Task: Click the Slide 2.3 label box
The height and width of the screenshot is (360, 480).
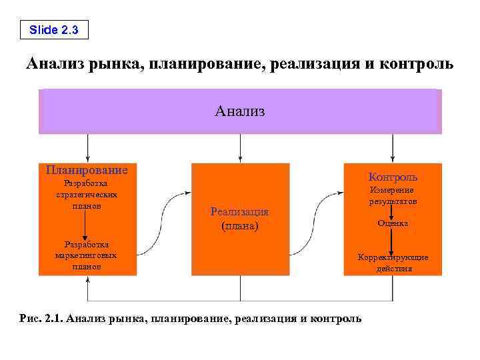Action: click(x=53, y=29)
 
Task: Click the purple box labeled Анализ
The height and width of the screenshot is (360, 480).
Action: click(x=240, y=111)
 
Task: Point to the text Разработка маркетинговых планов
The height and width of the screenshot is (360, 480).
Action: click(x=87, y=255)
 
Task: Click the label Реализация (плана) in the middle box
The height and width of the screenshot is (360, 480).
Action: click(x=240, y=219)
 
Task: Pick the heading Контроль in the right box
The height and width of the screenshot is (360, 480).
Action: click(x=393, y=177)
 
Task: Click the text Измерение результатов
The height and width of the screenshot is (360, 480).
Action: click(x=393, y=195)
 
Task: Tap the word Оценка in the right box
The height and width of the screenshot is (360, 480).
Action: click(x=393, y=223)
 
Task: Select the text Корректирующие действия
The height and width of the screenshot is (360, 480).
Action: click(x=393, y=263)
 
